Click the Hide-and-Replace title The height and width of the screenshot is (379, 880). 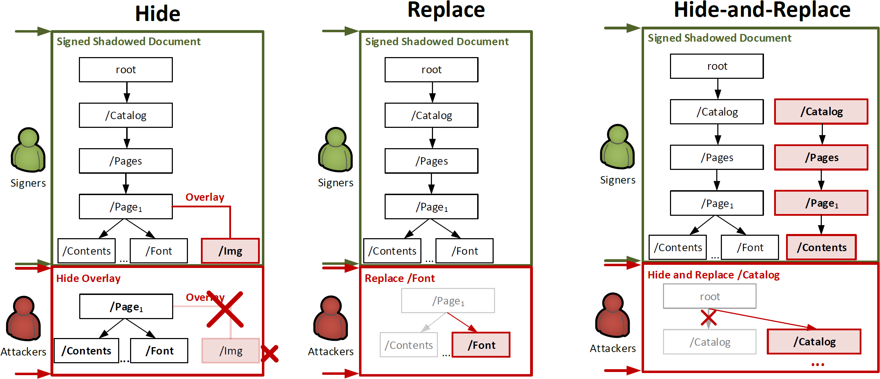(762, 10)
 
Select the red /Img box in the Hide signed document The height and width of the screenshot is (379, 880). (230, 251)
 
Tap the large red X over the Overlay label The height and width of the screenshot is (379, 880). (225, 309)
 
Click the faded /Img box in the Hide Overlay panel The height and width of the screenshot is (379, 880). (230, 350)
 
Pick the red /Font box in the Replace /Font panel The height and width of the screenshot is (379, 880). (481, 345)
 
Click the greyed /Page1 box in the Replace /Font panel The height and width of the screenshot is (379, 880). (448, 301)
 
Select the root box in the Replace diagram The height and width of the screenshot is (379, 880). (431, 70)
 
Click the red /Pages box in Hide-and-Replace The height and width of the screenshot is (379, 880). (821, 157)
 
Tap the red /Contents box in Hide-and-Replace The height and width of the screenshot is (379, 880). (821, 247)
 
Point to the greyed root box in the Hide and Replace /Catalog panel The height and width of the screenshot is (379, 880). (710, 296)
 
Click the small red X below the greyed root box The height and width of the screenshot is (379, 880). (709, 318)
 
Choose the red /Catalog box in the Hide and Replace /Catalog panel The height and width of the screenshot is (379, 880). (814, 342)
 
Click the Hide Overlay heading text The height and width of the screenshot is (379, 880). (88, 278)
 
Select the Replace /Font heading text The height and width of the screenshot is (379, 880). (400, 278)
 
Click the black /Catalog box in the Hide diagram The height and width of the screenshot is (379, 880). (126, 115)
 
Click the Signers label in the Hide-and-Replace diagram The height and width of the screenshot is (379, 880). (617, 180)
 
